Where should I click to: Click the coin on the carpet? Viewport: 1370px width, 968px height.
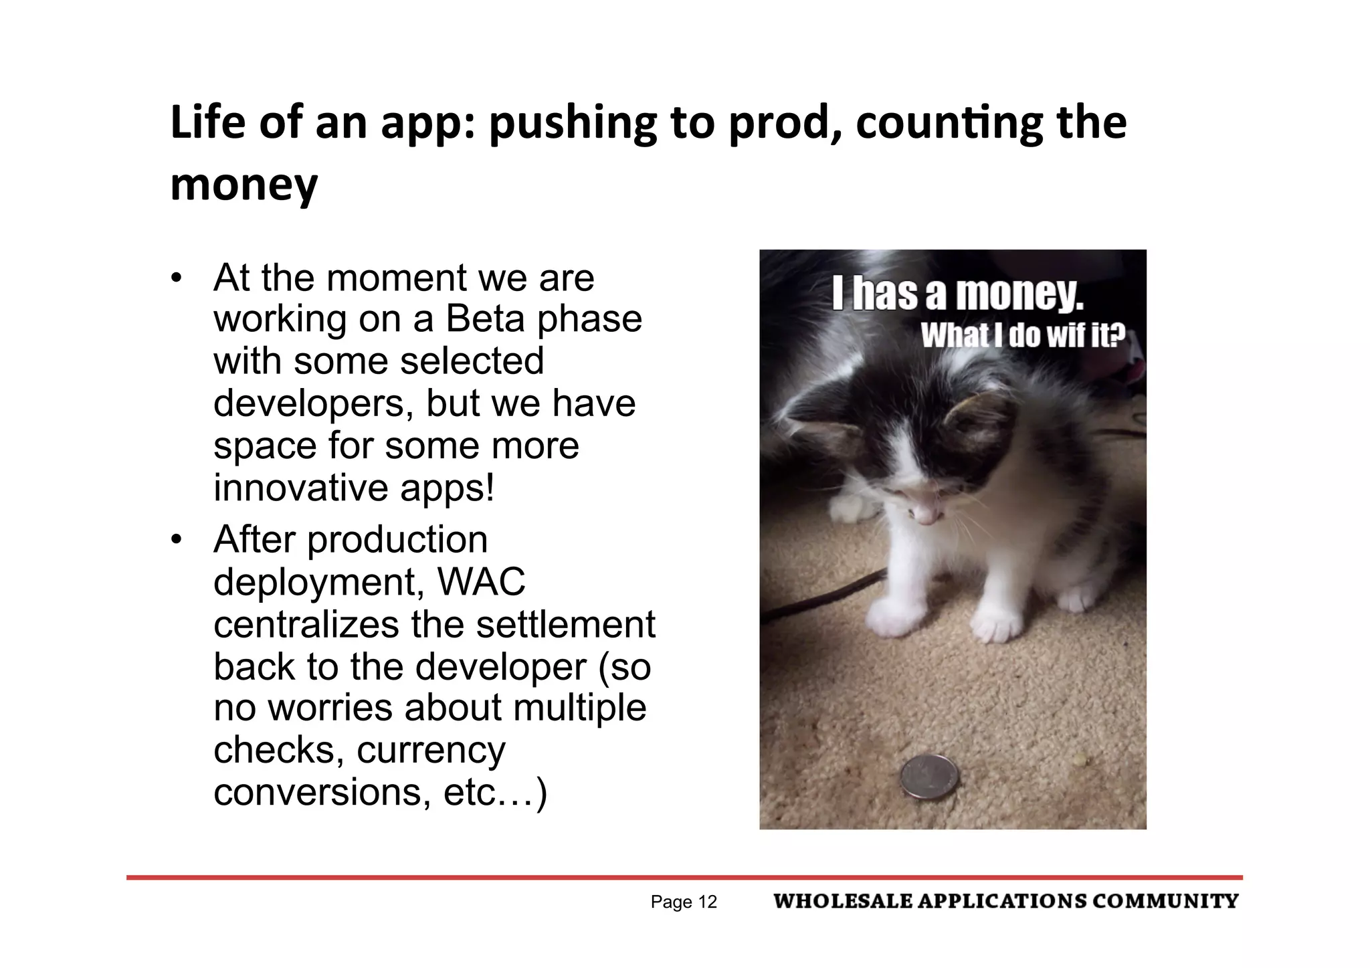pyautogui.click(x=929, y=776)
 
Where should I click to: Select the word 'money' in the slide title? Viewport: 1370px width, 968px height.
pyautogui.click(x=244, y=185)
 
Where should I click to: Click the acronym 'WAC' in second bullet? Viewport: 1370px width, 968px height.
pyautogui.click(x=481, y=581)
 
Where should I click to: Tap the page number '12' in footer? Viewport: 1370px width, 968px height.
pyautogui.click(x=707, y=902)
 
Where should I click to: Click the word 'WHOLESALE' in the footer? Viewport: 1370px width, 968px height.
pyautogui.click(x=842, y=901)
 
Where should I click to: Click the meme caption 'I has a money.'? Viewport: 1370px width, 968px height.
pyautogui.click(x=957, y=294)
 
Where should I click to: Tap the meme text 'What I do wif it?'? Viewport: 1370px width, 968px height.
pyautogui.click(x=1023, y=335)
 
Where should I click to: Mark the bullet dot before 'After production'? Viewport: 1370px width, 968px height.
pyautogui.click(x=176, y=539)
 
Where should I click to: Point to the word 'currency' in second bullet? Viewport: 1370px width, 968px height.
pyautogui.click(x=431, y=750)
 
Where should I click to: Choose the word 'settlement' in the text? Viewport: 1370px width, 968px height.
pyautogui.click(x=565, y=624)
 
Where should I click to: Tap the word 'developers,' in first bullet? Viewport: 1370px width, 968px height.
pyautogui.click(x=314, y=403)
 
